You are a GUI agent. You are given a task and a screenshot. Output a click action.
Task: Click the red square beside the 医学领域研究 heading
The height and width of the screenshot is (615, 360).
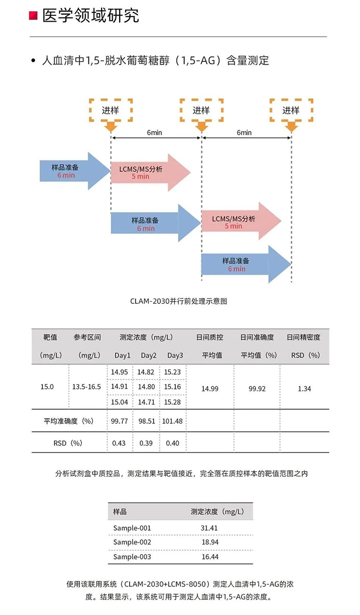[34, 16]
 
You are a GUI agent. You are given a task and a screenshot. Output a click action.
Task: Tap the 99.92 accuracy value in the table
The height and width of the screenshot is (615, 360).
[257, 388]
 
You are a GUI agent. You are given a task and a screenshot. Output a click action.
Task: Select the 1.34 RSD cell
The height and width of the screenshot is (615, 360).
[304, 388]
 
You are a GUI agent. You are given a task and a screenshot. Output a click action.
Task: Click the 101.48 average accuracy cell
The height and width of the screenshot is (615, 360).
[173, 421]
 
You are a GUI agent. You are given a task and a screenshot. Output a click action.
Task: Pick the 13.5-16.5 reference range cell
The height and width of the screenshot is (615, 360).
[86, 387]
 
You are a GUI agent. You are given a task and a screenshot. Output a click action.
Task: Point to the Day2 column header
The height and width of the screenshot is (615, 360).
[149, 355]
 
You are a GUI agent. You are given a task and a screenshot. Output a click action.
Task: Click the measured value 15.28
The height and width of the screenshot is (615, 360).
[173, 402]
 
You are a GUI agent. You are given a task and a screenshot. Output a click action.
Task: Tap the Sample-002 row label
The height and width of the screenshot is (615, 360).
[132, 542]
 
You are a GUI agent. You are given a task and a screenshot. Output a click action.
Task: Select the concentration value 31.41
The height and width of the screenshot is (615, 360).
[209, 528]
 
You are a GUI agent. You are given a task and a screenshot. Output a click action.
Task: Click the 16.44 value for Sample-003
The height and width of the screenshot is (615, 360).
[210, 557]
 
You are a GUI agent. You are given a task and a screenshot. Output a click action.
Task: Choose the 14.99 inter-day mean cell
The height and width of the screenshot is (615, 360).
[210, 388]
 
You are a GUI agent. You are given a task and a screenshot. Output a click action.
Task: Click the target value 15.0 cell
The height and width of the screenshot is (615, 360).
[47, 387]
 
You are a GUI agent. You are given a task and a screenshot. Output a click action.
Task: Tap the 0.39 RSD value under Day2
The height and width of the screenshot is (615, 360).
[146, 443]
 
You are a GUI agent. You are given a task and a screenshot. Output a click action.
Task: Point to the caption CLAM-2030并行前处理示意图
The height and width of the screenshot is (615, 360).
[179, 301]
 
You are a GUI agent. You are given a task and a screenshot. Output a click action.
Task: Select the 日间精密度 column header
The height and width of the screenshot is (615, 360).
[303, 337]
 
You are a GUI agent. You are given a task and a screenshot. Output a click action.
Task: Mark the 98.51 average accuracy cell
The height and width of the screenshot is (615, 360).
[147, 421]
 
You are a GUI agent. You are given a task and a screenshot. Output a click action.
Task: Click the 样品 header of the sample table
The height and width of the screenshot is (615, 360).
[120, 511]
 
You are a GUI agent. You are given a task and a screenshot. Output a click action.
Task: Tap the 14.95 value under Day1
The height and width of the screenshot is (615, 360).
[119, 372]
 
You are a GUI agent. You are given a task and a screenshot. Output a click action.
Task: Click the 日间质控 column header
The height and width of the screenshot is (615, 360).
[210, 337]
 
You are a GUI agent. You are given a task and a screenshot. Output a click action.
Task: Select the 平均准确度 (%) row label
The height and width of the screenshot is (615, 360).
[69, 421]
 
